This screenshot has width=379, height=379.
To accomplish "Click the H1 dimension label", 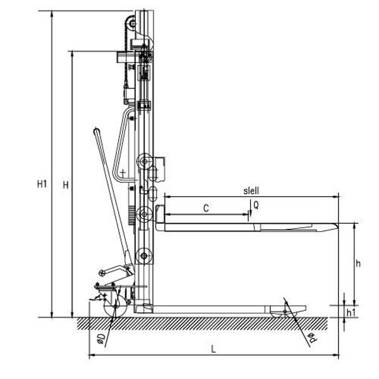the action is click(42, 184).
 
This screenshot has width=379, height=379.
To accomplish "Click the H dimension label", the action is click(66, 185).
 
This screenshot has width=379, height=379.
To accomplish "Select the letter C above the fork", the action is click(206, 208).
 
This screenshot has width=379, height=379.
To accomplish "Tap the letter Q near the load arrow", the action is click(256, 205).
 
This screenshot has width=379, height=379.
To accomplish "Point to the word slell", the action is click(251, 191).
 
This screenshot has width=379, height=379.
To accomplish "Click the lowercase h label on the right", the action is click(358, 263).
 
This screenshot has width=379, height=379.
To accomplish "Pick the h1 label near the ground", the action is click(351, 313).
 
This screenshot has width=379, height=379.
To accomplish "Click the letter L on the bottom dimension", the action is click(214, 349).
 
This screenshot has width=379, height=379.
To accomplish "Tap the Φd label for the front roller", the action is click(314, 337).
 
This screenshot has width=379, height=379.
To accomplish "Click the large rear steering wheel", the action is click(116, 306).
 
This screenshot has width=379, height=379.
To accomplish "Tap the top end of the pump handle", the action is click(97, 131).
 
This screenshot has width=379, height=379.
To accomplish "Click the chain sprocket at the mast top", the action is click(133, 24).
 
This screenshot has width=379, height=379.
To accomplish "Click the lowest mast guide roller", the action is click(144, 256).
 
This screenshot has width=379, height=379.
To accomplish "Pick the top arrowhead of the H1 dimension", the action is click(52, 14).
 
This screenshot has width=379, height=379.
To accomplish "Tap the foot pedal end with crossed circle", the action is click(102, 274).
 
